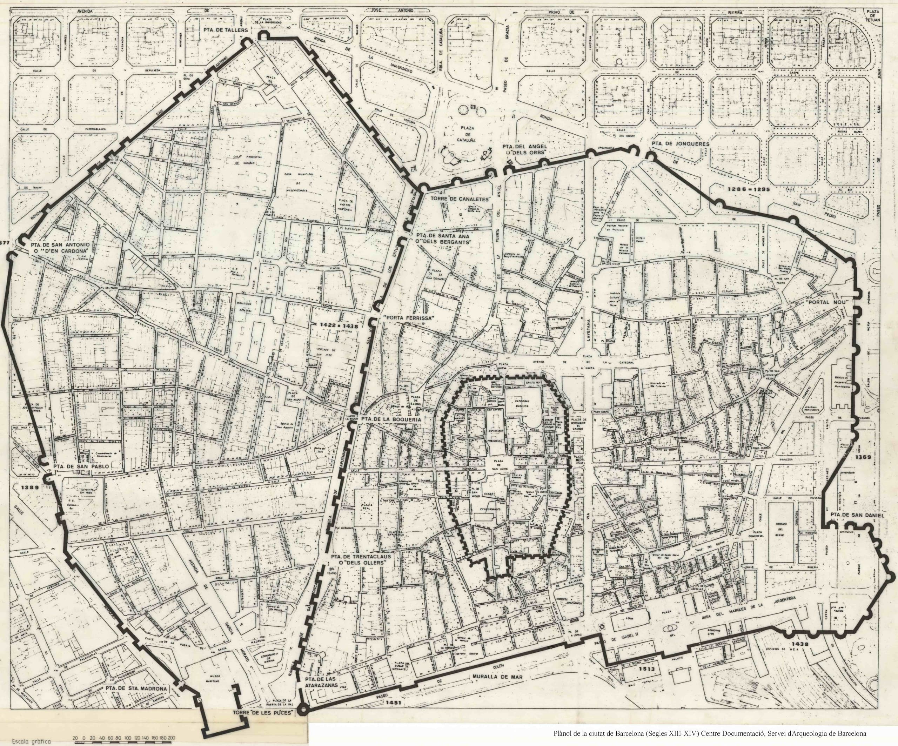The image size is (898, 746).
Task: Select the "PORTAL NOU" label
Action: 824,302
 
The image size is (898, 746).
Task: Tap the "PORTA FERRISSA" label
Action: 409,318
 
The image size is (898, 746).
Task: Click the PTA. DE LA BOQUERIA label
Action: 391,420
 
